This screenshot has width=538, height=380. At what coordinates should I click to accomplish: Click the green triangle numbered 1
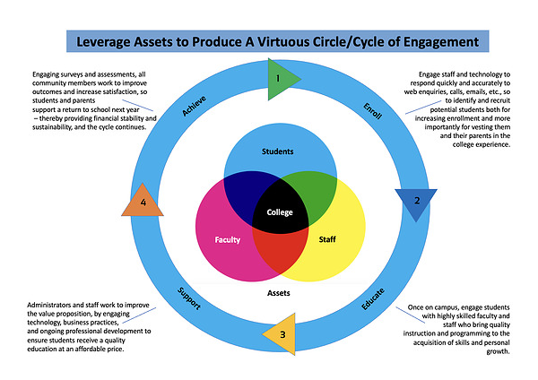[282, 80]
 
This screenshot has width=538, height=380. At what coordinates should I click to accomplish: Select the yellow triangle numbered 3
[281, 333]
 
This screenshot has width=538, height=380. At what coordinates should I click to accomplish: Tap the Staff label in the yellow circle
[327, 239]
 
